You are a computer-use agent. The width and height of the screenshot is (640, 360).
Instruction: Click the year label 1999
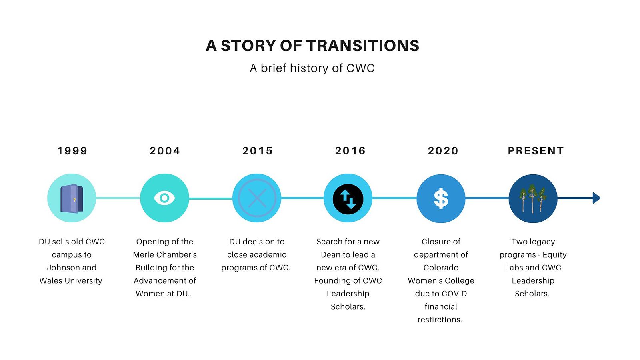click(72, 151)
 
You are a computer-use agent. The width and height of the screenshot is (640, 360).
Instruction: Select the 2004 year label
click(165, 151)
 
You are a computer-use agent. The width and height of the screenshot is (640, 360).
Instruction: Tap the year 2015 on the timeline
click(258, 151)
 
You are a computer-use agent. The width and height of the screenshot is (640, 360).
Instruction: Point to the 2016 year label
click(350, 151)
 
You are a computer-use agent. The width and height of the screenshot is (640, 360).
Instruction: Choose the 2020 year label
click(443, 151)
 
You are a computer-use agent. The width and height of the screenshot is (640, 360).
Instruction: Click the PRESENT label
click(536, 151)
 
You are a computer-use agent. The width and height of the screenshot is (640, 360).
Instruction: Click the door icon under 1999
click(72, 198)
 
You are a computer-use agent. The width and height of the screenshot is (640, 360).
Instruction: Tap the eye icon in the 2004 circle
click(164, 198)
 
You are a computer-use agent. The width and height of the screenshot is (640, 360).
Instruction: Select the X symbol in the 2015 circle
click(257, 198)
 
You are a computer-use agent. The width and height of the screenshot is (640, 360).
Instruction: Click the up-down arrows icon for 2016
click(348, 199)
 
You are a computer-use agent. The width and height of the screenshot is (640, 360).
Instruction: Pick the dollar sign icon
click(441, 198)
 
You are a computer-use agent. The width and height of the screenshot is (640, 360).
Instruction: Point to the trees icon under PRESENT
click(533, 198)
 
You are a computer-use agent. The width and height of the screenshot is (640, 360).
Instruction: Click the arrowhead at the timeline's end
click(596, 198)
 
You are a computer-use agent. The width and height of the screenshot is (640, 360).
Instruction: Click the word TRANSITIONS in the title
click(363, 46)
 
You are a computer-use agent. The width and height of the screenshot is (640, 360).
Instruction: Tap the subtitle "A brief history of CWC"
click(312, 68)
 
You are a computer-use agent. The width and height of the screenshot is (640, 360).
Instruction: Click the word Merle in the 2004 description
click(144, 254)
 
